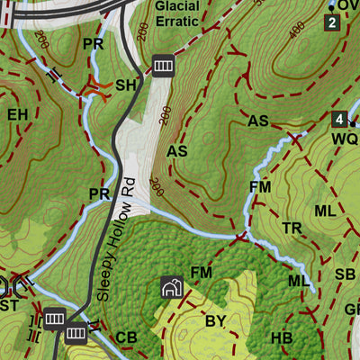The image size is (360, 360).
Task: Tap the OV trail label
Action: point(348,4)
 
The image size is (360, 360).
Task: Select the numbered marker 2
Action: point(332,22)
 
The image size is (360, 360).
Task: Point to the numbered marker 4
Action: point(338,119)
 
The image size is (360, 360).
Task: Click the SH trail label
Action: point(126,85)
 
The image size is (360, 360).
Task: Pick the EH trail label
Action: point(18,114)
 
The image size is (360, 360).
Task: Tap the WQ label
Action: point(344,139)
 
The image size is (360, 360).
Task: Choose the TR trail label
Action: point(292,229)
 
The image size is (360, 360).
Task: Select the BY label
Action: point(216,320)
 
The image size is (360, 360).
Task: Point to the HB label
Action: point(282,338)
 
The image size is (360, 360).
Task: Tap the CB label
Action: point(127,337)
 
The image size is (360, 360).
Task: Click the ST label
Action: point(9,306)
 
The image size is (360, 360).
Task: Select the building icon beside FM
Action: point(171,287)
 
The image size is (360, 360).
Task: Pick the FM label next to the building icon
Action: point(201,273)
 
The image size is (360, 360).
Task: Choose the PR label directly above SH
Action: point(93,43)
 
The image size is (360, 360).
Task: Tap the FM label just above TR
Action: point(260,186)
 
